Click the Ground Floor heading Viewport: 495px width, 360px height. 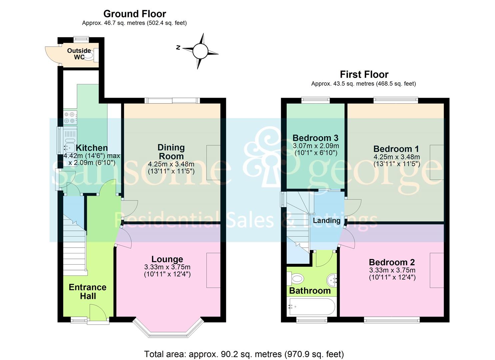coord(135,14)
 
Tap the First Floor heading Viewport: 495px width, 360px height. coord(364,74)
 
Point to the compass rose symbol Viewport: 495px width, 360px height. coord(200,51)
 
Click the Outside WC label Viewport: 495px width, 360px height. coord(79,54)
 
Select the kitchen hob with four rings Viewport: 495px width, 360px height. coord(70,118)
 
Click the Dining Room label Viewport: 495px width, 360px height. coord(171,152)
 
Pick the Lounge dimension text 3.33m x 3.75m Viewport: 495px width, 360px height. coord(167,267)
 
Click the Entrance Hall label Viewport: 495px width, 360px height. coord(88,291)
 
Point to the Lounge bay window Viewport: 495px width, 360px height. coord(168,330)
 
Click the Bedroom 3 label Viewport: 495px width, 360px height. coord(315,138)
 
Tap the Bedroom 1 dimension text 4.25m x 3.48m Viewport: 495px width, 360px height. coord(397,157)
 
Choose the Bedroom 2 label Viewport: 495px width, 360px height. coord(392,262)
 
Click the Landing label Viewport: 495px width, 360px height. coord(327,221)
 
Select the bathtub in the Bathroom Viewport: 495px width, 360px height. coord(311,307)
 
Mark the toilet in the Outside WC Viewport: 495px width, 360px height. coord(91,55)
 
